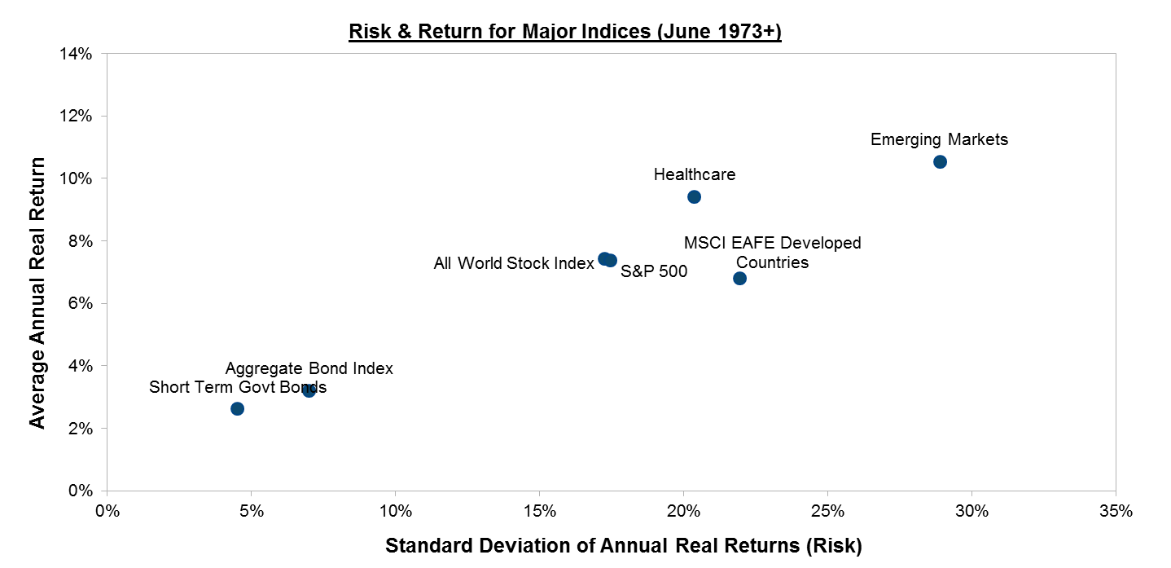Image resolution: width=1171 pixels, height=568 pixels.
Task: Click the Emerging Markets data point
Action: (940, 161)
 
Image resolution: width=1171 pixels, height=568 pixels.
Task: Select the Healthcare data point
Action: (694, 196)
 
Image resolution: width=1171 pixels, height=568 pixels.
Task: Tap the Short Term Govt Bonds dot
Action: (237, 408)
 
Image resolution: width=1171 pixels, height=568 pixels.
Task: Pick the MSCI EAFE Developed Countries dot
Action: (739, 278)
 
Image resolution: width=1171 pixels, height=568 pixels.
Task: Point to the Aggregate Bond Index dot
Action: (309, 390)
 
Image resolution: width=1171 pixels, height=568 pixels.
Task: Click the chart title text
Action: (564, 33)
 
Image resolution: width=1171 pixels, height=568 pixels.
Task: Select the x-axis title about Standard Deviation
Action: (623, 545)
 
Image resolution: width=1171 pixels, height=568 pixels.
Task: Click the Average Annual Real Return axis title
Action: (37, 293)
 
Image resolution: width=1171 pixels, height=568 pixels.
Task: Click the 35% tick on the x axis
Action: (1116, 511)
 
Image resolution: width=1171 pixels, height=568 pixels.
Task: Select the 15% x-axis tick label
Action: (539, 511)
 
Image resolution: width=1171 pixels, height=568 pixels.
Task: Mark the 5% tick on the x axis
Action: (251, 511)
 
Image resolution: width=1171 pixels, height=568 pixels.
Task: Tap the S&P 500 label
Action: (654, 272)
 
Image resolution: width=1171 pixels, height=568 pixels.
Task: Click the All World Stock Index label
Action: (514, 263)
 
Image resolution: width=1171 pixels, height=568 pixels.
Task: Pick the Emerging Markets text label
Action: (939, 139)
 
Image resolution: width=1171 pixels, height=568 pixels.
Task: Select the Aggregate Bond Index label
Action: (309, 368)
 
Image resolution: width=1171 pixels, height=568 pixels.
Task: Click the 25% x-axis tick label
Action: (827, 511)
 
